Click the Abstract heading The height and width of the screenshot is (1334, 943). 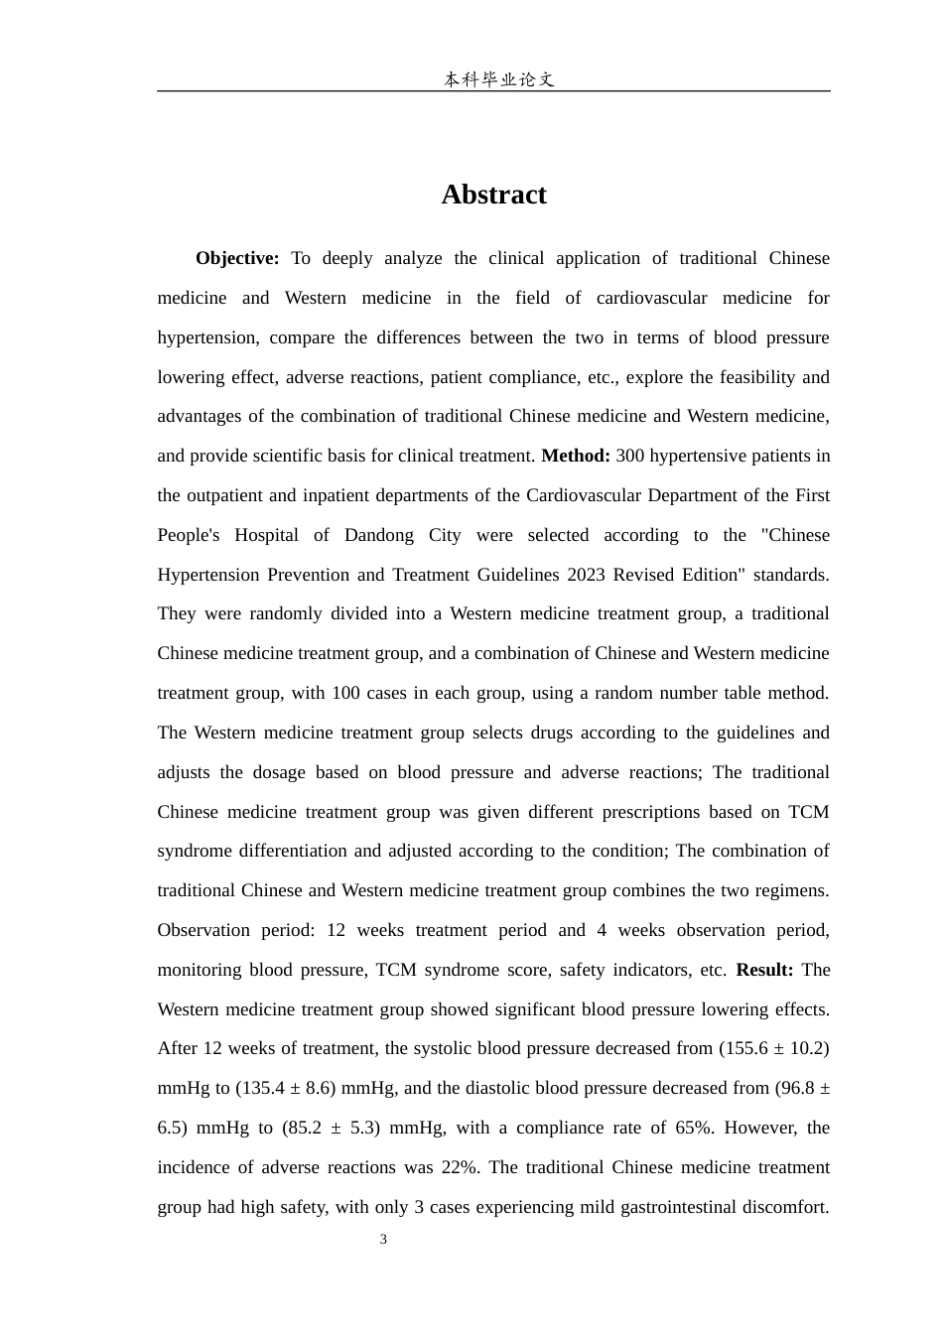point(493,195)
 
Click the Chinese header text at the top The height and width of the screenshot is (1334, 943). point(498,79)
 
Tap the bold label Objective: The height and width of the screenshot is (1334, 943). point(237,258)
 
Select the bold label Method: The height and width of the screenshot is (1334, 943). point(576,456)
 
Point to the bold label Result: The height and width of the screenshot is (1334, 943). point(764,970)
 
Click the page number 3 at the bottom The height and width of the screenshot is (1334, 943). point(383,1240)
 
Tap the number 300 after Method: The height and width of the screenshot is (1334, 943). point(631,456)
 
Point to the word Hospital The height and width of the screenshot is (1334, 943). point(266,535)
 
